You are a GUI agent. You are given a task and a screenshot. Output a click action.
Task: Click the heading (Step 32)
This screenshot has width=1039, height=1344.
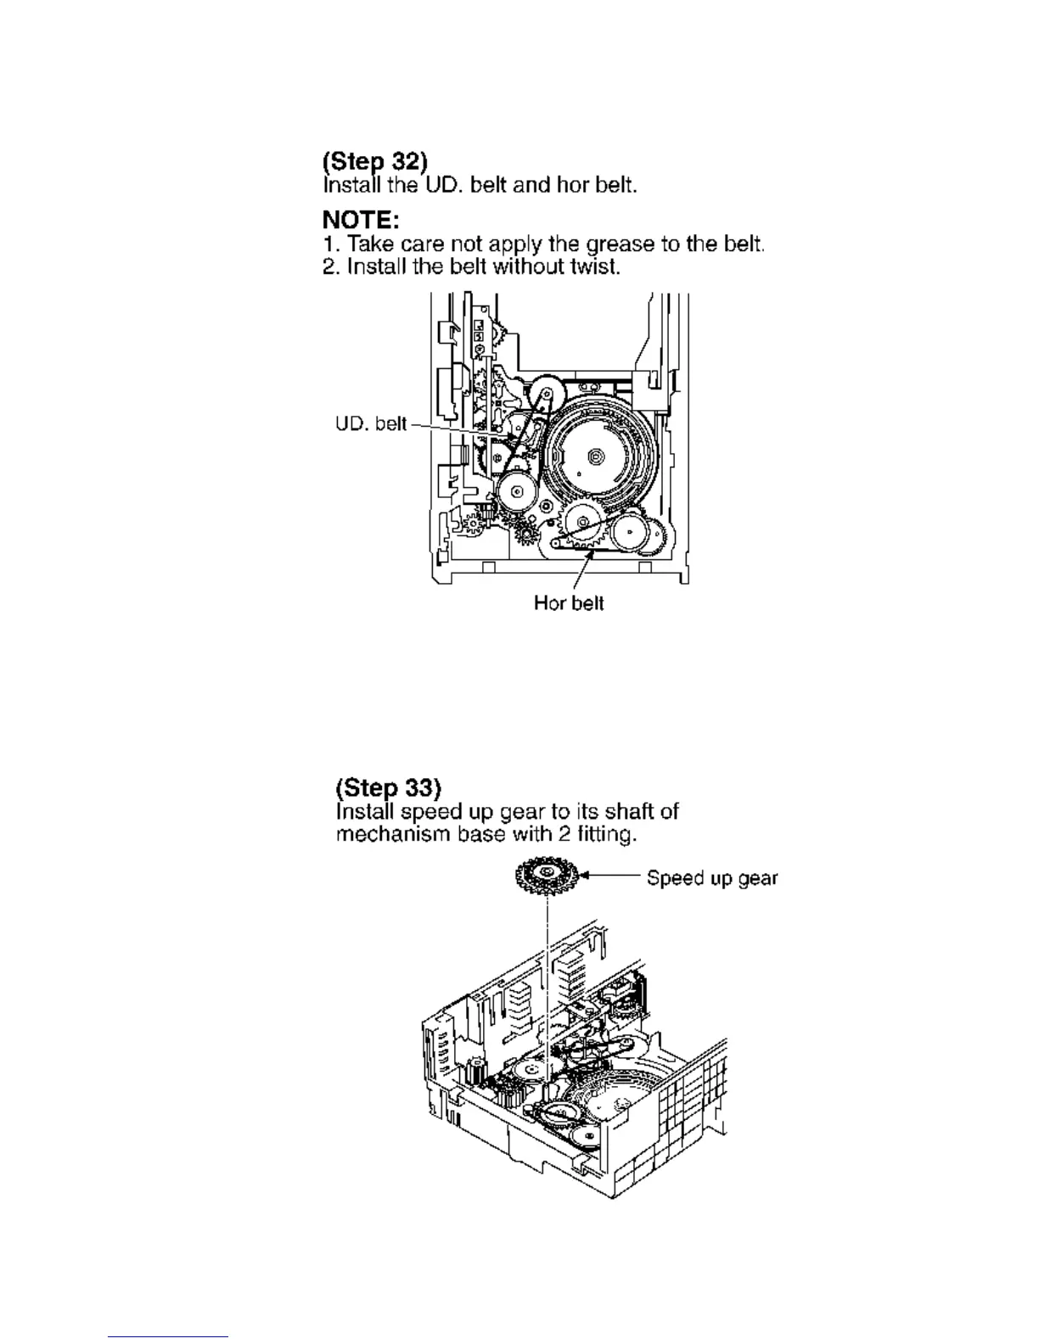click(374, 161)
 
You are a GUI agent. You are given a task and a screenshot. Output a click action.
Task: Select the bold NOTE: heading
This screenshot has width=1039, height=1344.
click(361, 221)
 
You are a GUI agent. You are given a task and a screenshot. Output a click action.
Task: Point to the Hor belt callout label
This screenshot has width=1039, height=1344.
click(569, 603)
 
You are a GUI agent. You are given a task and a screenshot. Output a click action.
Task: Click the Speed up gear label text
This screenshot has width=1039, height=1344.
click(711, 878)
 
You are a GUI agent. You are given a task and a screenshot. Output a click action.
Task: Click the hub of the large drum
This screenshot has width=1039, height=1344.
click(595, 457)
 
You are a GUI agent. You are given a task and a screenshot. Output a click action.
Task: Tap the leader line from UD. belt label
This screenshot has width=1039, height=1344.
click(458, 428)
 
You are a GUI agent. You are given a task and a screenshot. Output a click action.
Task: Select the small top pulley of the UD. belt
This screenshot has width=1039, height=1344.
click(547, 395)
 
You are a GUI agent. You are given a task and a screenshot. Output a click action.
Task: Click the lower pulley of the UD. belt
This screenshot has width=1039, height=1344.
click(516, 491)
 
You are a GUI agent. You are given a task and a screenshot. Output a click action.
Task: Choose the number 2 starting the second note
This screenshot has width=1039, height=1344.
click(329, 269)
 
